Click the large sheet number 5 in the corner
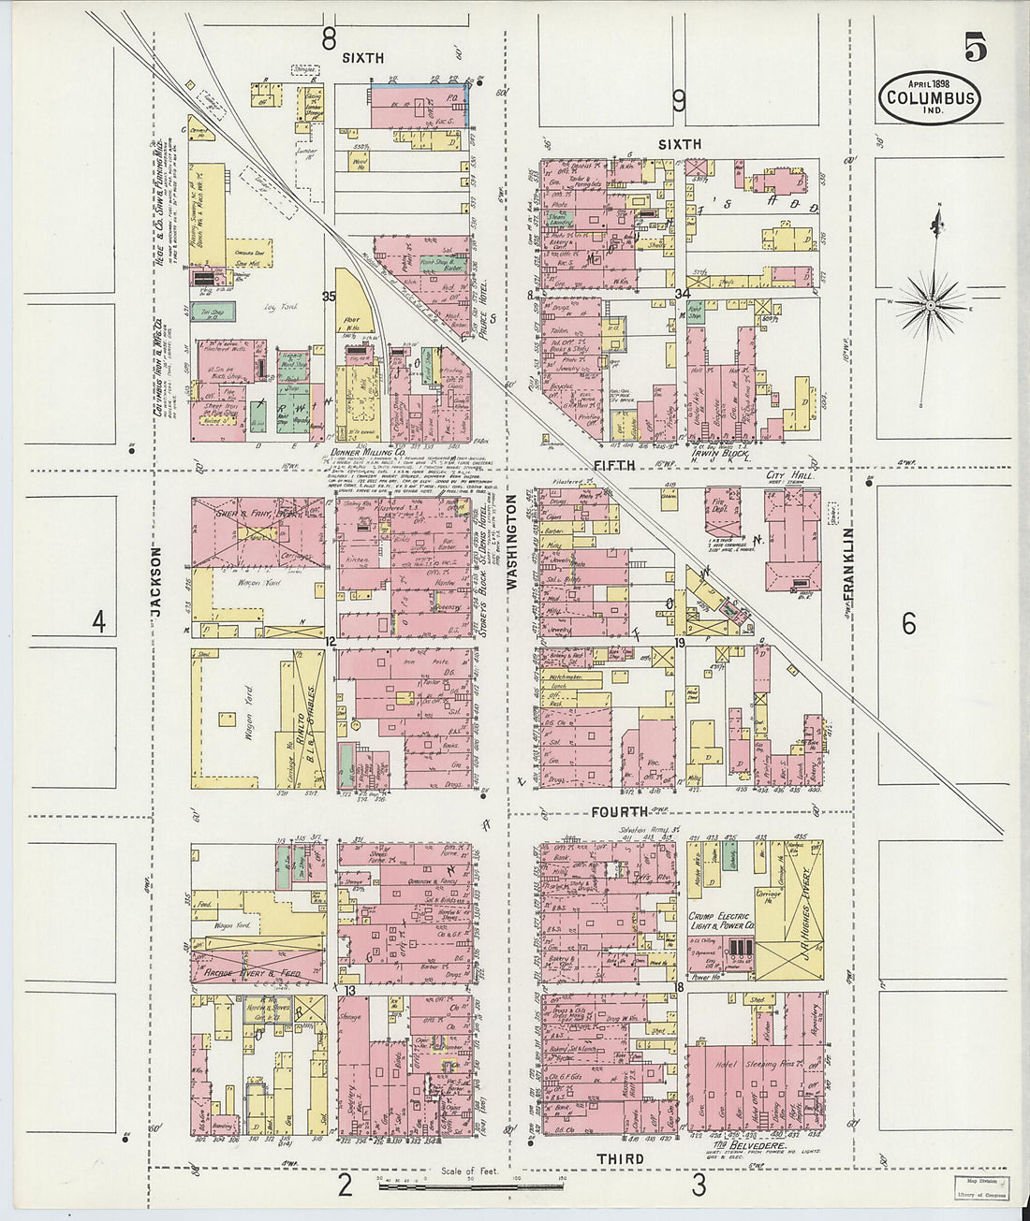[975, 46]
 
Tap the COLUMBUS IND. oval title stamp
[930, 97]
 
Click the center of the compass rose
[932, 305]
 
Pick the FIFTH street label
[613, 465]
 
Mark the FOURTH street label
[619, 812]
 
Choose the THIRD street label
[620, 1159]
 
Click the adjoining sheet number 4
[98, 621]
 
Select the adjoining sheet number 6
[908, 623]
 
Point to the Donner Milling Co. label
[372, 450]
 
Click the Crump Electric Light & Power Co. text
[721, 921]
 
